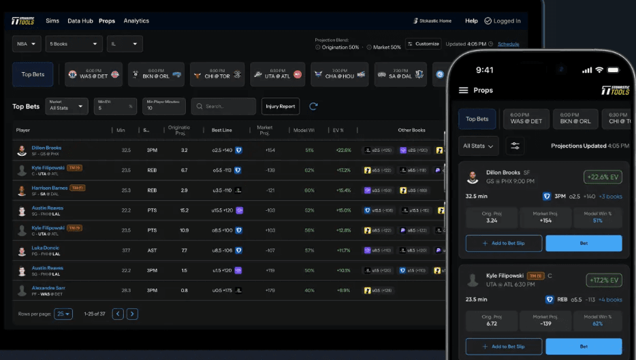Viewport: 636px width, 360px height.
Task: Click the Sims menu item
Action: pos(52,21)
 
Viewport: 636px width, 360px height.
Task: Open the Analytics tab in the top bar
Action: pos(136,21)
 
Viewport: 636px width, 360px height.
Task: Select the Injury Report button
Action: pos(281,106)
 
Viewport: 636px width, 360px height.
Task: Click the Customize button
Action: pos(423,44)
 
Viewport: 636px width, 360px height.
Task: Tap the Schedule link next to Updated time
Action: pos(508,44)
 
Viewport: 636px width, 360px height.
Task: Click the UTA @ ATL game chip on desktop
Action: pos(279,74)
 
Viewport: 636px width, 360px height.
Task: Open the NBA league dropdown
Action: pos(27,44)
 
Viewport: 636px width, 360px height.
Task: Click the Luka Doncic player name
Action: pos(45,248)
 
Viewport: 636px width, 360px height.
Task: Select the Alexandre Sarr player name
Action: pos(48,288)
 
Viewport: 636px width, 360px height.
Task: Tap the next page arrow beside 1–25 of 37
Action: pos(133,314)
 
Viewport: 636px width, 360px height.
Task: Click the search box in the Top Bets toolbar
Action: pos(223,106)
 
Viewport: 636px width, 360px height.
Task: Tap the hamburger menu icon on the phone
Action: pos(464,91)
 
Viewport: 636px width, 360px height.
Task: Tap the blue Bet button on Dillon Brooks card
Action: pos(584,244)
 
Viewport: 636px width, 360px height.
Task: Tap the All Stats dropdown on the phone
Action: pos(478,146)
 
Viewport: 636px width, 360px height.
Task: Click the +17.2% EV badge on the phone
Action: pos(604,280)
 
